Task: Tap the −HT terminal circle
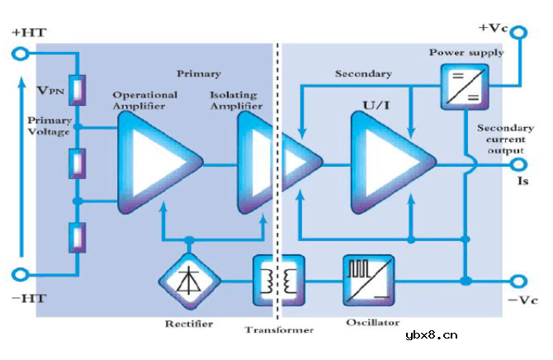19,276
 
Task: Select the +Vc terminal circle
519,33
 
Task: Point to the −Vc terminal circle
519,281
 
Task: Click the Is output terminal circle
519,165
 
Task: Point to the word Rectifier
188,323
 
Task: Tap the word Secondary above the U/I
362,73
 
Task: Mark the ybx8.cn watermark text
432,334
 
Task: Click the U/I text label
378,107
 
